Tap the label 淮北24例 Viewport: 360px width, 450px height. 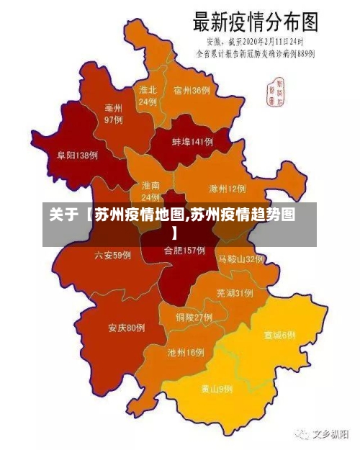tap(148, 96)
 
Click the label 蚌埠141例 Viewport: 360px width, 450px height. tap(192, 143)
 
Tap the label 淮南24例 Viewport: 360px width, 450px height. tap(151, 191)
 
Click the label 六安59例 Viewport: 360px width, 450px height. tap(112, 255)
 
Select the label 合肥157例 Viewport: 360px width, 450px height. tap(184, 251)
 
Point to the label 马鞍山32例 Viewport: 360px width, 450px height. tap(241, 258)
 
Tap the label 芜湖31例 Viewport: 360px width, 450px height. tap(234, 293)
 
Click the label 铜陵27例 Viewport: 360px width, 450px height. tap(194, 317)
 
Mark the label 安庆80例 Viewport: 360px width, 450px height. tap(127, 328)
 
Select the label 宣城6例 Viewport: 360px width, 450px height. tap(279, 336)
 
